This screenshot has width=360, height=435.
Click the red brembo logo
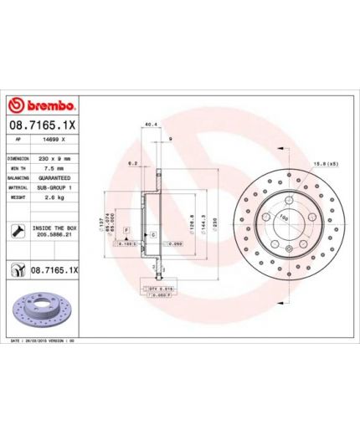43,105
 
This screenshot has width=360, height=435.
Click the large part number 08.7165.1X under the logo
43,125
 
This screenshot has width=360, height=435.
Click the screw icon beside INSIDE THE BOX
17,231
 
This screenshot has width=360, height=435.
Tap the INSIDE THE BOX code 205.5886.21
55,236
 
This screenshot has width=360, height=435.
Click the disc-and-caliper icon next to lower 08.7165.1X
16,271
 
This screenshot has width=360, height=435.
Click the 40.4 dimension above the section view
151,125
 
